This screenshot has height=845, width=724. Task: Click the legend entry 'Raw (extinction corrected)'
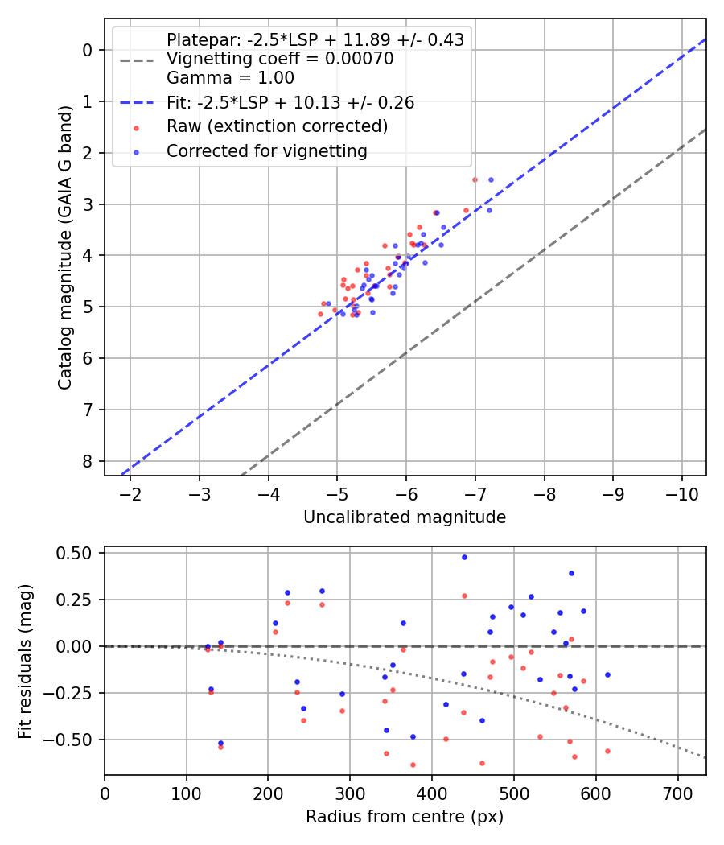click(277, 127)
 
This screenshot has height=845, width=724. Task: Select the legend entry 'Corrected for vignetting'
click(266, 151)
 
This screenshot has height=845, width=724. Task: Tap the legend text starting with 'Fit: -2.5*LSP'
click(290, 103)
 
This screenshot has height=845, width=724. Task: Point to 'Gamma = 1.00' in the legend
click(230, 78)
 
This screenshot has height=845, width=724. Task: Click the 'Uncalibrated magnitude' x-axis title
click(405, 517)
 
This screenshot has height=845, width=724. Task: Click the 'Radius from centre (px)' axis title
click(405, 817)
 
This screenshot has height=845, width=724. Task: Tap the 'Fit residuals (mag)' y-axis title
click(25, 662)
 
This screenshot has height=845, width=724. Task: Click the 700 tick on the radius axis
click(677, 792)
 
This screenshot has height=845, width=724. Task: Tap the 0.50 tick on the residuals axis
click(79, 553)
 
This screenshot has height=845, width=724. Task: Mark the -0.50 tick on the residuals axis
click(76, 739)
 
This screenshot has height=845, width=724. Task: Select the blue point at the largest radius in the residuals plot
click(607, 674)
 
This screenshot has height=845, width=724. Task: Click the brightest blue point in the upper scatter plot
click(491, 179)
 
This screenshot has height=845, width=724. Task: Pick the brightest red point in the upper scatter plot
click(475, 179)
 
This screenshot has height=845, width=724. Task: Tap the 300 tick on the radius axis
click(350, 792)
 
